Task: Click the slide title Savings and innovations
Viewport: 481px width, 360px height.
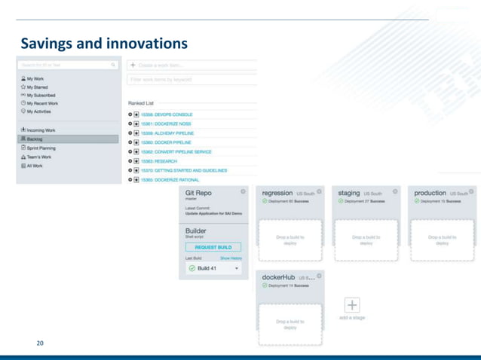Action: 104,43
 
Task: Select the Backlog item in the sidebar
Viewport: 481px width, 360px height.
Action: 35,139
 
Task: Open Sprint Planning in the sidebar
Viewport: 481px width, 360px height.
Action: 42,149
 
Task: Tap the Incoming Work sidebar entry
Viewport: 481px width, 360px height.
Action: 41,130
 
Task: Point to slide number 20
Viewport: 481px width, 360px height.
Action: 39,343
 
